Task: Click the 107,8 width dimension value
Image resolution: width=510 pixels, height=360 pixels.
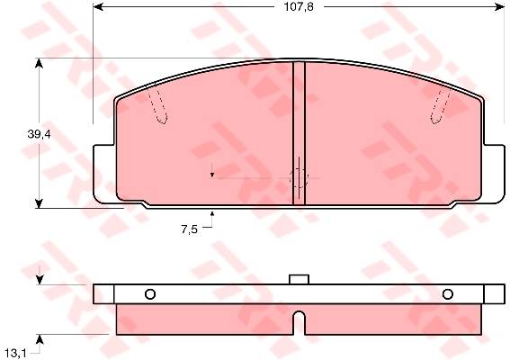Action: [299, 7]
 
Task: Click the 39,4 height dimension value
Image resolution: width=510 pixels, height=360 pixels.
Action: [39, 134]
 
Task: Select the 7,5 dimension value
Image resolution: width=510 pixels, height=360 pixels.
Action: [189, 229]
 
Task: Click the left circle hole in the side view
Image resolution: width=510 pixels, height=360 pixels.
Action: [150, 294]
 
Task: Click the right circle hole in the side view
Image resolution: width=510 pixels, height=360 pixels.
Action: [448, 294]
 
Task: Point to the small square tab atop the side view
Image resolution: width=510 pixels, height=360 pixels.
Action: [299, 279]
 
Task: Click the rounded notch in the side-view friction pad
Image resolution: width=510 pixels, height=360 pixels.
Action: [300, 322]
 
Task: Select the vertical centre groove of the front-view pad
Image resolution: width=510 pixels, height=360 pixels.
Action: [299, 133]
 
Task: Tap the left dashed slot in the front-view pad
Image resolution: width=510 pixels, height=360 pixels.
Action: [157, 106]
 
